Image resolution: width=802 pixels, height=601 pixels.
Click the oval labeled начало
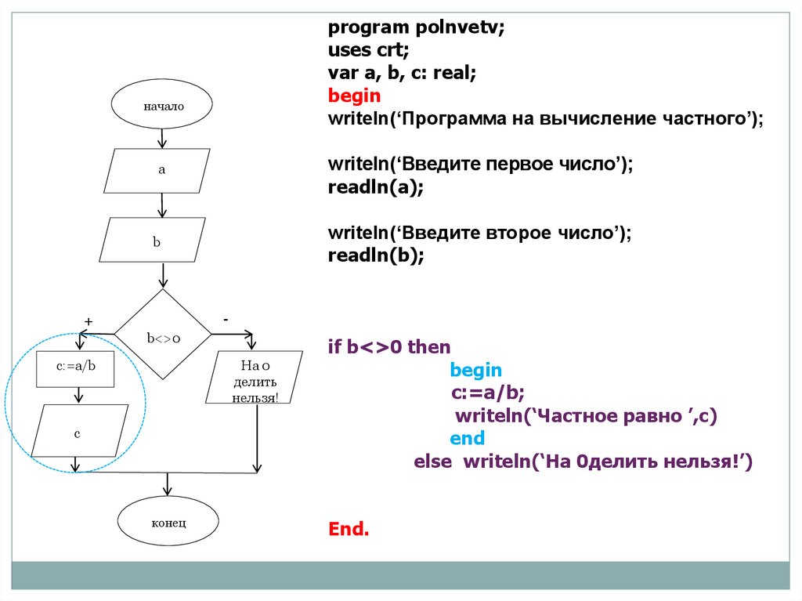coord(162,106)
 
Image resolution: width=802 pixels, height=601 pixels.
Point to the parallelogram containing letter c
coord(78,432)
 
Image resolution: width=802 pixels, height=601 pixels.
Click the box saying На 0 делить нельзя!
coord(255,377)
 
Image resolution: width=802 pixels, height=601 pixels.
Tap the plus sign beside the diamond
coord(89,321)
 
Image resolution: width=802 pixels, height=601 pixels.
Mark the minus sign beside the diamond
coord(226,320)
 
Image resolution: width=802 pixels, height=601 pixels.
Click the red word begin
coord(354,96)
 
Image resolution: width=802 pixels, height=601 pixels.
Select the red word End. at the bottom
coord(349,529)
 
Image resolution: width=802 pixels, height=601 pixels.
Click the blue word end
coord(467,438)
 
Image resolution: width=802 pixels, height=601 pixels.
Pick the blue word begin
coord(476,370)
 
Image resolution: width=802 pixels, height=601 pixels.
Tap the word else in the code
coord(432,462)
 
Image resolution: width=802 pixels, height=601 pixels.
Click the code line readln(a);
coord(375,188)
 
